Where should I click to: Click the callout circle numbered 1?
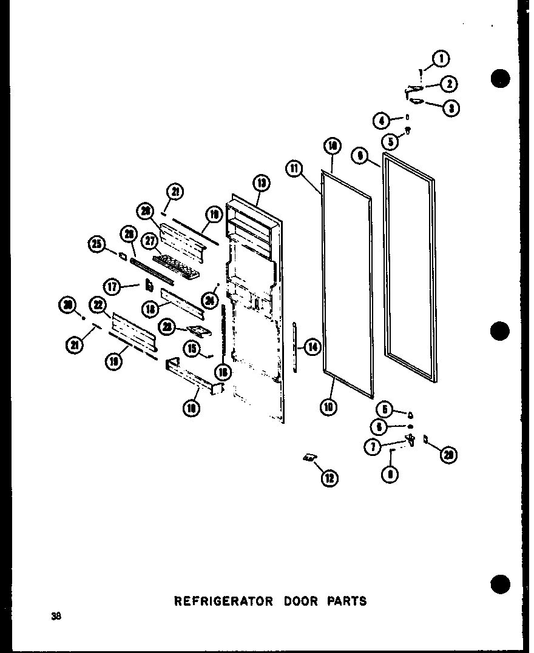point(441,59)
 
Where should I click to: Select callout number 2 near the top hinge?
point(449,84)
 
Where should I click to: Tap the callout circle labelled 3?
point(451,109)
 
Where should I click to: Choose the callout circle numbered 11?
point(296,168)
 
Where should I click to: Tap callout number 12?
point(330,478)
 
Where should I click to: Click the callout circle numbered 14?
point(313,347)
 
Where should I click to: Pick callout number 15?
point(193,349)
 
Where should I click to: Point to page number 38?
point(56,617)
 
